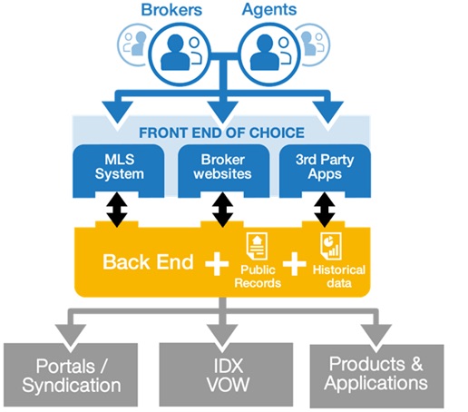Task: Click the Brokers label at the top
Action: (171, 10)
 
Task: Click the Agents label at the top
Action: (269, 10)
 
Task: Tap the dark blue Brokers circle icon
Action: (180, 54)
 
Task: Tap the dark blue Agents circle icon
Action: (269, 54)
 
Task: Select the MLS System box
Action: (119, 171)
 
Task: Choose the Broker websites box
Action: (223, 171)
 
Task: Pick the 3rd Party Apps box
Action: (325, 171)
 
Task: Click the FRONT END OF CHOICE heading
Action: (221, 132)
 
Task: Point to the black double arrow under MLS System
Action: (117, 211)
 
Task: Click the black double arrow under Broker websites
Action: (222, 211)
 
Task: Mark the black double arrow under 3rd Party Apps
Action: (325, 211)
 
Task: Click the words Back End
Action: (148, 262)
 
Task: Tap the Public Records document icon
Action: (257, 247)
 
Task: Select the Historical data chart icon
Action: (331, 246)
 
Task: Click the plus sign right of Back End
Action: (217, 264)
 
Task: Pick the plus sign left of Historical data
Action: (295, 264)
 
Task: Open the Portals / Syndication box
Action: (71, 375)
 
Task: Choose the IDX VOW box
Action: (226, 375)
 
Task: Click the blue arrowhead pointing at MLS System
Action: (117, 112)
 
